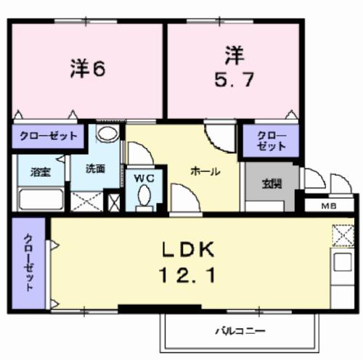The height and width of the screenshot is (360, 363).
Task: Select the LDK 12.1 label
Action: [187, 263]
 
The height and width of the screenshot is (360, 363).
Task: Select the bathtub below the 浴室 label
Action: [41, 199]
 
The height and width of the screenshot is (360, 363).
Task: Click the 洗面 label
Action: [95, 169]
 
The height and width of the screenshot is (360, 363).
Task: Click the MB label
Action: [330, 205]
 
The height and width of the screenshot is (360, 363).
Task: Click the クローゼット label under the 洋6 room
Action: [49, 136]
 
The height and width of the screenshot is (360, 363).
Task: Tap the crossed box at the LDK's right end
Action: [342, 236]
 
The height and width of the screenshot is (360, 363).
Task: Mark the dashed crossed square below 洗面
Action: [86, 200]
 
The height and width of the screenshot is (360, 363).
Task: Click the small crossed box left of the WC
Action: [113, 200]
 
